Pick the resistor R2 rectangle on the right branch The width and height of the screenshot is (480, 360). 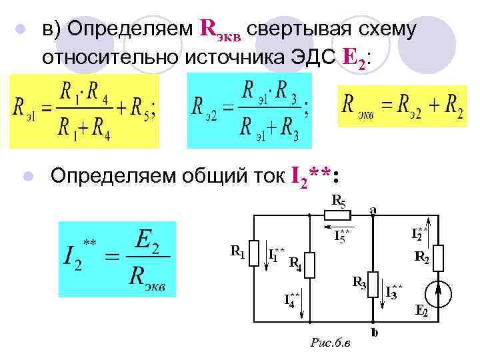tap(437, 259)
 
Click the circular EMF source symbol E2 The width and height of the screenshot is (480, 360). tap(437, 292)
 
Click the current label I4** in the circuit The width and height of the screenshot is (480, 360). tap(292, 299)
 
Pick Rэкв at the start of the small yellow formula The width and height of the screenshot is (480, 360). tap(359, 105)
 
